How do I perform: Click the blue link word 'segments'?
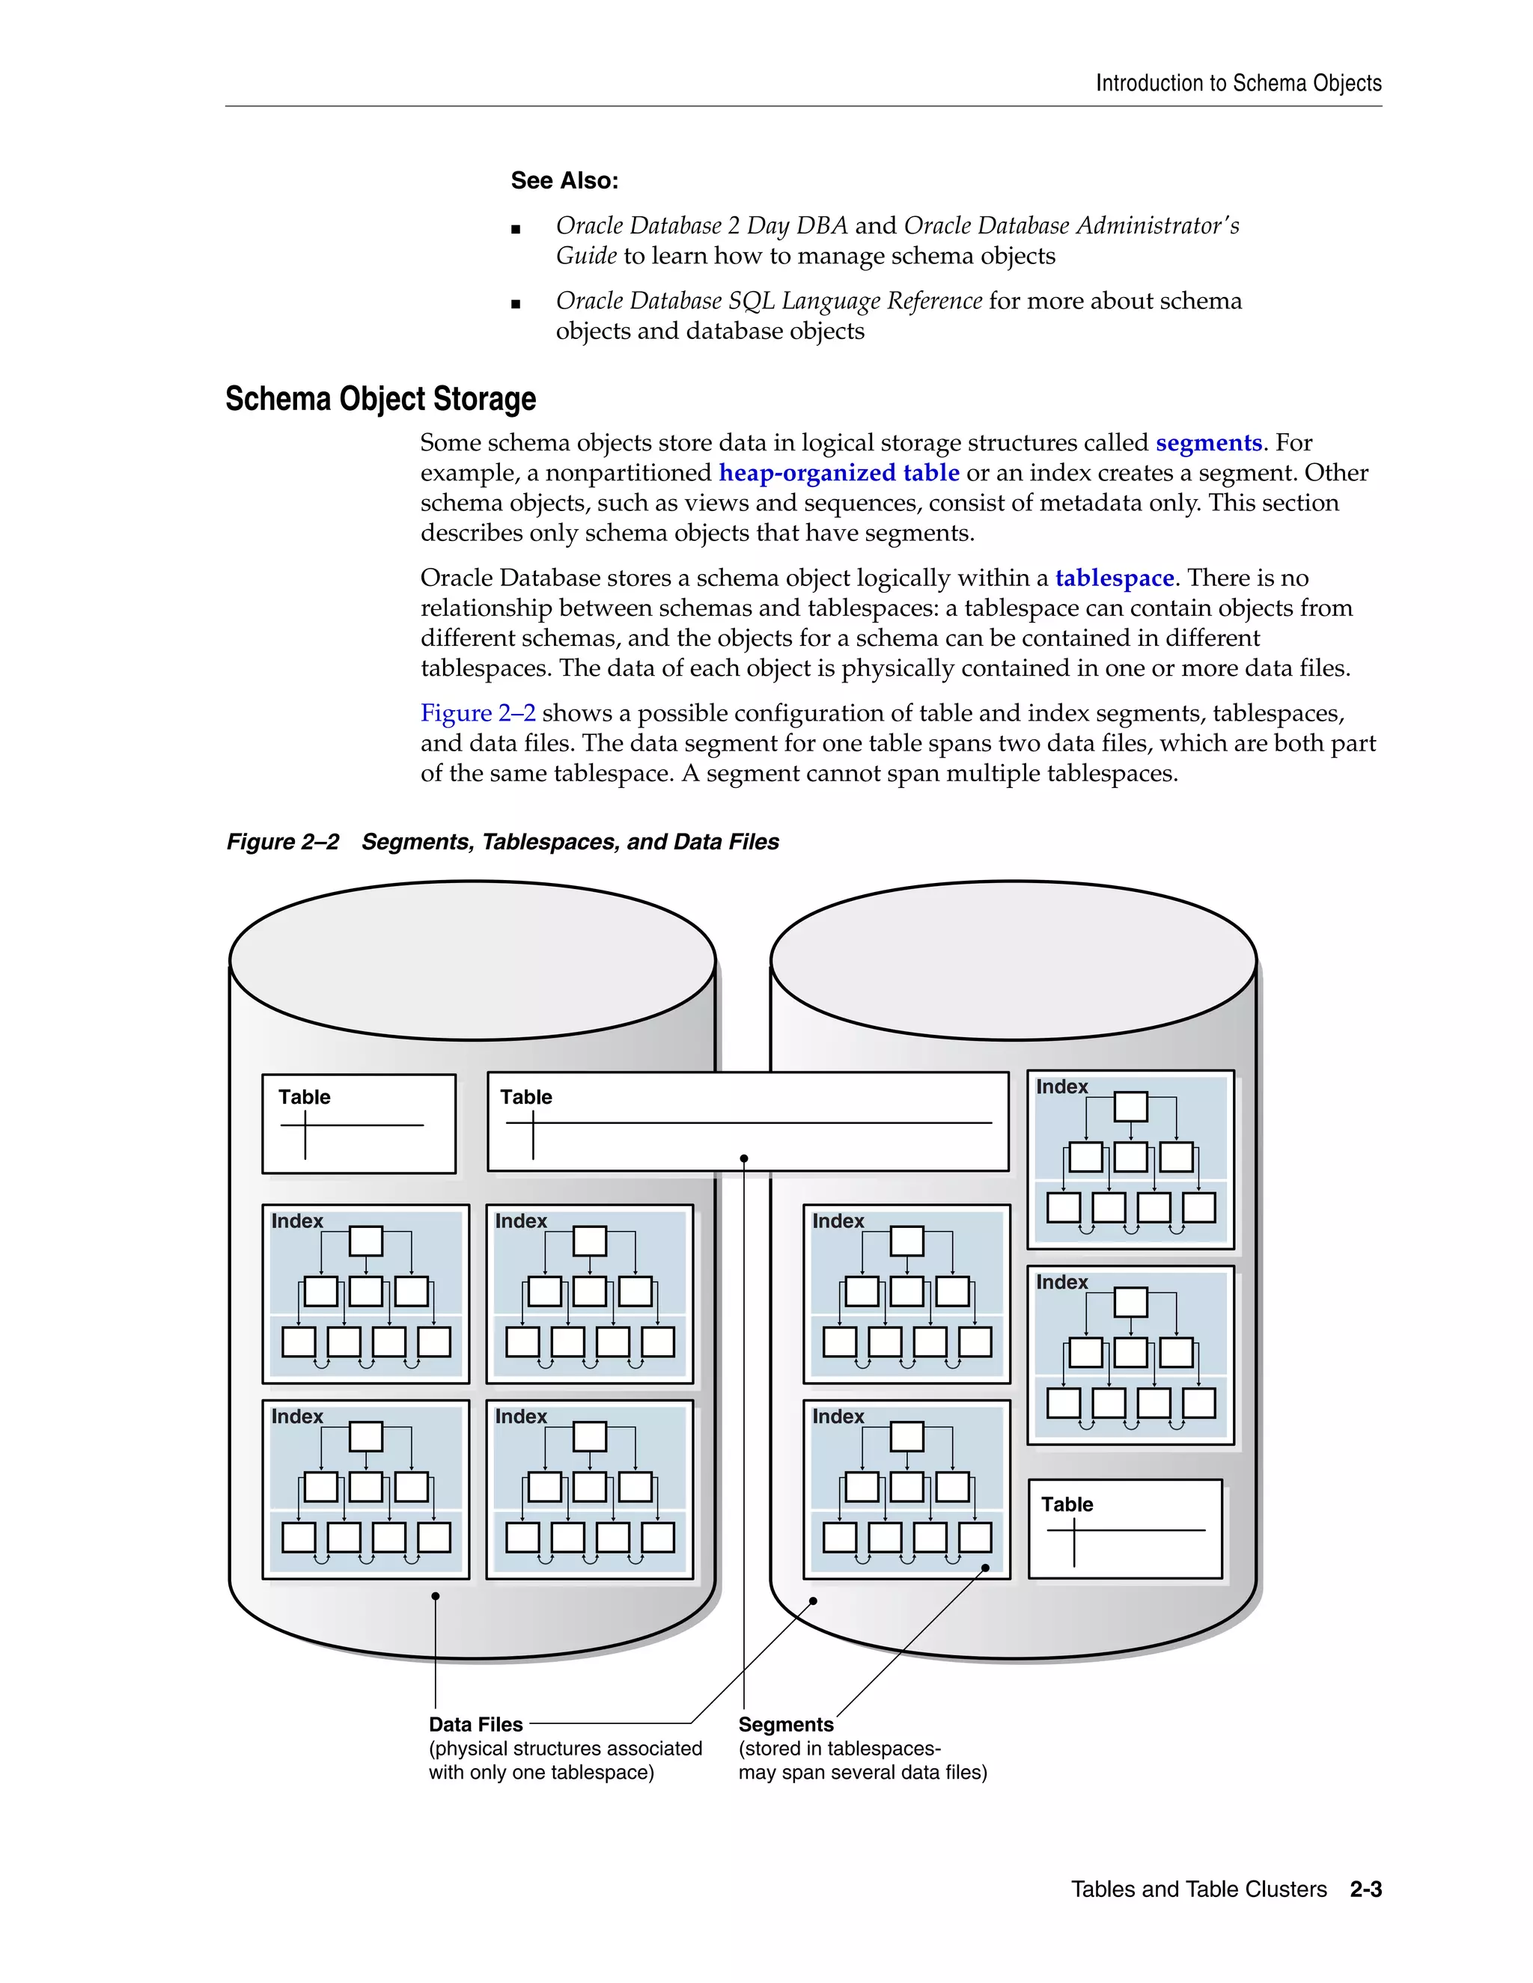[x=1208, y=443]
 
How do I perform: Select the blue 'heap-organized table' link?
[x=838, y=473]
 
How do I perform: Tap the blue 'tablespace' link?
[x=1115, y=578]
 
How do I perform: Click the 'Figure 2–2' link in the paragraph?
[x=478, y=714]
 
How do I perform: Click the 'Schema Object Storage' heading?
[x=380, y=400]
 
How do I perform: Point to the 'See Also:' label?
[x=564, y=180]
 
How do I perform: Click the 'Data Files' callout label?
[x=476, y=1724]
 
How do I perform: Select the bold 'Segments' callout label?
[x=785, y=1724]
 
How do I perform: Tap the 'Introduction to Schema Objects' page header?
[x=1238, y=84]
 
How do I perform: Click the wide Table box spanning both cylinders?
[x=748, y=1122]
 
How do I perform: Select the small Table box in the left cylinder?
[x=359, y=1124]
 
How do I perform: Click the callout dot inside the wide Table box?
[x=744, y=1158]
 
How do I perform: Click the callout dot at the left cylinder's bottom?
[x=436, y=1596]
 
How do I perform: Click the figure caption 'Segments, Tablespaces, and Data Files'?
[x=570, y=843]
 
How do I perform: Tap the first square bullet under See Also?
[x=516, y=230]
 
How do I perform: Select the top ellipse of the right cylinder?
[x=1013, y=960]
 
